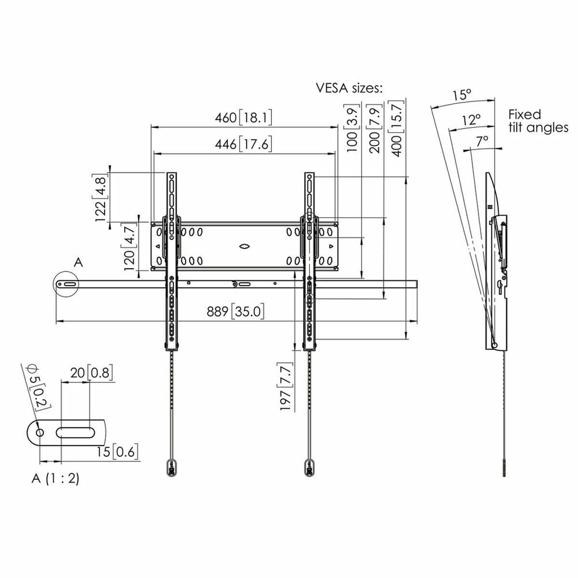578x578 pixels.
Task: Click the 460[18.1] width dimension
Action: tap(244, 118)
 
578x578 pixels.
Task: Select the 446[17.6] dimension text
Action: tap(244, 144)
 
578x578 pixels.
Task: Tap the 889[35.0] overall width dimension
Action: tap(236, 312)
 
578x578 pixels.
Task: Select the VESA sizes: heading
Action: tap(349, 88)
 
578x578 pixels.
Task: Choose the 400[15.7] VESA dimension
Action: tap(397, 128)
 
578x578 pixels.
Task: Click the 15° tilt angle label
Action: tap(461, 95)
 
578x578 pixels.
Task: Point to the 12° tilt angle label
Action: tap(472, 120)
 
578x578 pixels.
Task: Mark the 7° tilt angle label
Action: tap(482, 141)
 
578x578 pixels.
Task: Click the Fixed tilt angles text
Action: tap(538, 121)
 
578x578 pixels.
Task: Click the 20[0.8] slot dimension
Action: tap(92, 372)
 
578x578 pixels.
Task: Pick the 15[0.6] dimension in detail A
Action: tap(118, 452)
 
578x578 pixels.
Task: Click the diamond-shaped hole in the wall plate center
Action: tap(244, 246)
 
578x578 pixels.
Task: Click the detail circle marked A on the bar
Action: tap(67, 285)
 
